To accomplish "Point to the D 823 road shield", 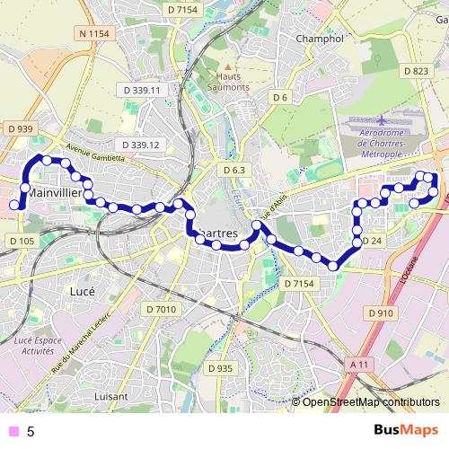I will [x=416, y=70].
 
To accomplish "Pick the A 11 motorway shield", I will [x=359, y=364].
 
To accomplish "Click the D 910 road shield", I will [x=381, y=313].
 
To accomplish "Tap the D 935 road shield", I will [x=220, y=368].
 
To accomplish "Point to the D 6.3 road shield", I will [x=234, y=169].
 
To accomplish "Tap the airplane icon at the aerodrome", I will [x=383, y=119].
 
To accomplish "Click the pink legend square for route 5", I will [x=13, y=431].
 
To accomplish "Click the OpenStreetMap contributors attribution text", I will [x=371, y=401].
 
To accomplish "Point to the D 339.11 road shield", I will [x=139, y=90].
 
